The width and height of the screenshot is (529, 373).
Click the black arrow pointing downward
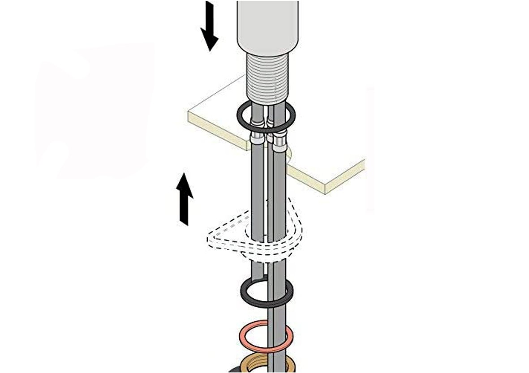[x=209, y=25]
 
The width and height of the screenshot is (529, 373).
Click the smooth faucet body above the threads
[x=268, y=27]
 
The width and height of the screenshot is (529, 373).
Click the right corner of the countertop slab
[x=364, y=163]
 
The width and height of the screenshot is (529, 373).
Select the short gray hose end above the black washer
[x=257, y=271]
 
